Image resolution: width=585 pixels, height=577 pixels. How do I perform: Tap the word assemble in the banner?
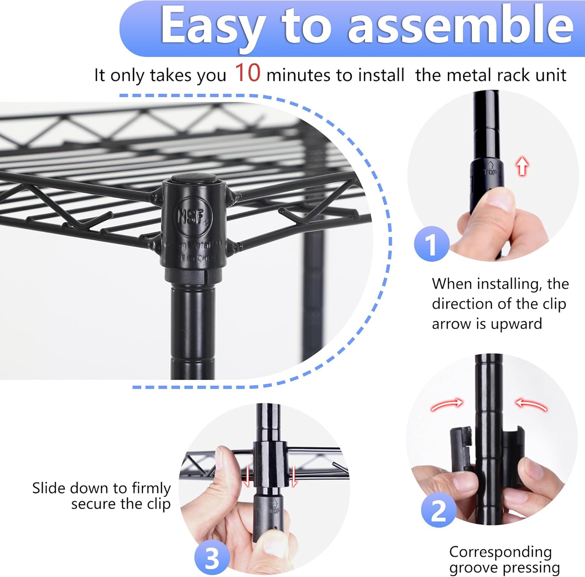pyautogui.click(x=460, y=25)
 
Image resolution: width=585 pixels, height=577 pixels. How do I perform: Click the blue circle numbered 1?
pyautogui.click(x=431, y=245)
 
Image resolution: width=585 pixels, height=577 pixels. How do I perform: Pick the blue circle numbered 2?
pyautogui.click(x=438, y=510)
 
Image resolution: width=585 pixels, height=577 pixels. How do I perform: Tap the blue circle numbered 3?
pyautogui.click(x=212, y=558)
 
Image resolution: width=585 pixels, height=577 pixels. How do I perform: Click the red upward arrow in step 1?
pyautogui.click(x=522, y=166)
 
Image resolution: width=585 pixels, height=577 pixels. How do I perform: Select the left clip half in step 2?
pyautogui.click(x=461, y=449)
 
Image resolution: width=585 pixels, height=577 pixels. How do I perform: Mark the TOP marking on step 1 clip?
pyautogui.click(x=490, y=171)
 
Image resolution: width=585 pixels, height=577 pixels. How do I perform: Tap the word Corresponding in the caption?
pyautogui.click(x=500, y=552)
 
